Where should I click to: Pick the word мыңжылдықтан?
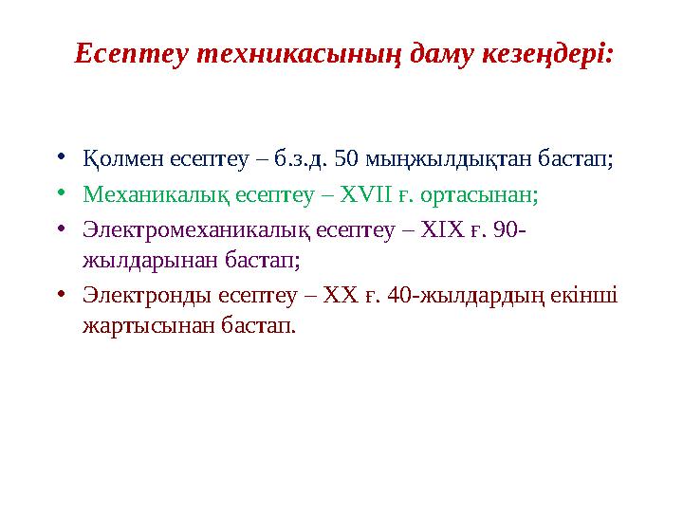coord(443,157)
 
